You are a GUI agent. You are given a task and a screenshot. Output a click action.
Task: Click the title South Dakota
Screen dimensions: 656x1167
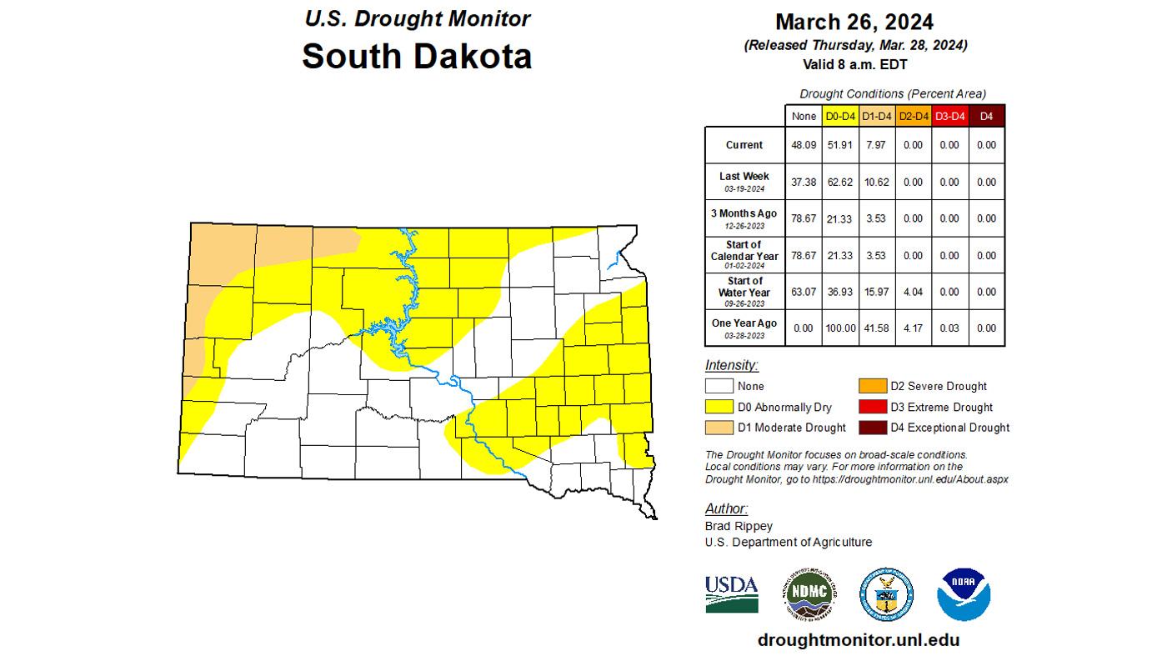(416, 57)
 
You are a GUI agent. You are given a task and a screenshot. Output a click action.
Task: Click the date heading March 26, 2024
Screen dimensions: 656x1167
(854, 22)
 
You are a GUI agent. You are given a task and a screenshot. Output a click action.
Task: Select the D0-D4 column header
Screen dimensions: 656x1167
(839, 117)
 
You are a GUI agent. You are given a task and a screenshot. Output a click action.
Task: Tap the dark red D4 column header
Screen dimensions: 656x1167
(986, 117)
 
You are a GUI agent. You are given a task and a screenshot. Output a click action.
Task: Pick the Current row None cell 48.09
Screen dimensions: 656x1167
(803, 145)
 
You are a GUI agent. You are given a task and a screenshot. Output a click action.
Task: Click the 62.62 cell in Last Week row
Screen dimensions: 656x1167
(839, 182)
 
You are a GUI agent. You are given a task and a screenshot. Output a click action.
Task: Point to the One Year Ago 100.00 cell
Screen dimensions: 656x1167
(839, 328)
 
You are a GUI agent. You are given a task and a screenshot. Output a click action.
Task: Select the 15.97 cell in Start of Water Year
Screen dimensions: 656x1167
(875, 292)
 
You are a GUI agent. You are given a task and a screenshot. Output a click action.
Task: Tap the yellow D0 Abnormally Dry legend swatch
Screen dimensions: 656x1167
(719, 407)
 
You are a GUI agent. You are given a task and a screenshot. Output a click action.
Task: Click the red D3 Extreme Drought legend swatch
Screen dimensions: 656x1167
(873, 407)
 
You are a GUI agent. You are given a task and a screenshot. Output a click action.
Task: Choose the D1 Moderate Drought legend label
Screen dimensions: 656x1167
(792, 428)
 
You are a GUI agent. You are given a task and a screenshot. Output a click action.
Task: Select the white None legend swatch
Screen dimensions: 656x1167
(719, 386)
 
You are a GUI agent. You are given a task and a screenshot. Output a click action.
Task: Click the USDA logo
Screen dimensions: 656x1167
(731, 593)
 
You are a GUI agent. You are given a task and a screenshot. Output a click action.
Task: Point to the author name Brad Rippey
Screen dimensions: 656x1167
(739, 526)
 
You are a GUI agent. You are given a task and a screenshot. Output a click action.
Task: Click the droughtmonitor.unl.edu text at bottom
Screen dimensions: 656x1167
(858, 640)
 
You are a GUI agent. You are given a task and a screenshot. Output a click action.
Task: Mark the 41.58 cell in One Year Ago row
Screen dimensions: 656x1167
(875, 328)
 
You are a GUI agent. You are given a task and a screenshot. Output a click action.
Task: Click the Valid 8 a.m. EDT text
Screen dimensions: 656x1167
(854, 64)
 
